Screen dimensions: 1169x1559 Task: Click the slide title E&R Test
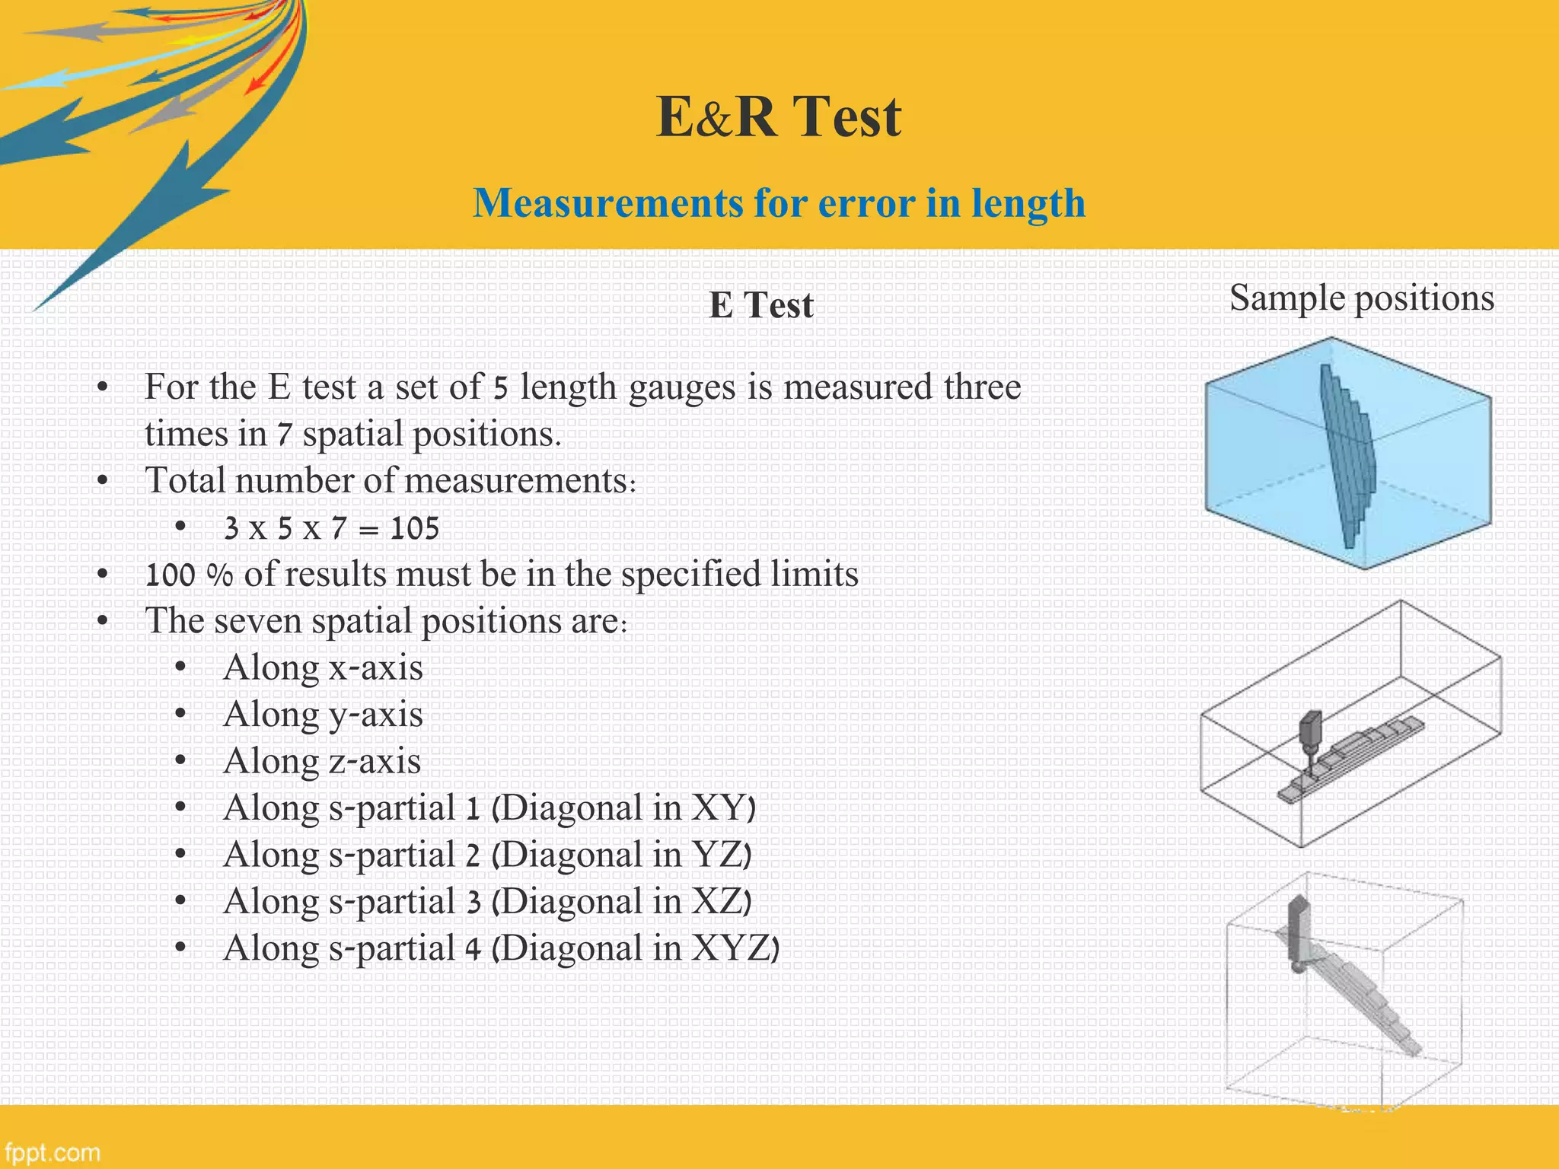pyautogui.click(x=779, y=116)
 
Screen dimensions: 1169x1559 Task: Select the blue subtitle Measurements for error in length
pyautogui.click(x=779, y=203)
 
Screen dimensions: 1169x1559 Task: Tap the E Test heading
pyautogui.click(x=760, y=305)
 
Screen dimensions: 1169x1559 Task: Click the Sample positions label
pyautogui.click(x=1361, y=298)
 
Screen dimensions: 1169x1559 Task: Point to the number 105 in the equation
pyautogui.click(x=415, y=528)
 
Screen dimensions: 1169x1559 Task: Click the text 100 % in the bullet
pyautogui.click(x=189, y=575)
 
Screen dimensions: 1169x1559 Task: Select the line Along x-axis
pyautogui.click(x=323, y=668)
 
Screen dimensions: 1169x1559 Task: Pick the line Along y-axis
pyautogui.click(x=323, y=715)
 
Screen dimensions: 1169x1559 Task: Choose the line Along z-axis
pyautogui.click(x=322, y=761)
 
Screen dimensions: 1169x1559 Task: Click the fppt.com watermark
pyautogui.click(x=53, y=1151)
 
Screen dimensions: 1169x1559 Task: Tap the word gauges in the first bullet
pyautogui.click(x=683, y=387)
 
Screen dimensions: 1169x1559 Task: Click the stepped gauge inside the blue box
pyautogui.click(x=1347, y=457)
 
